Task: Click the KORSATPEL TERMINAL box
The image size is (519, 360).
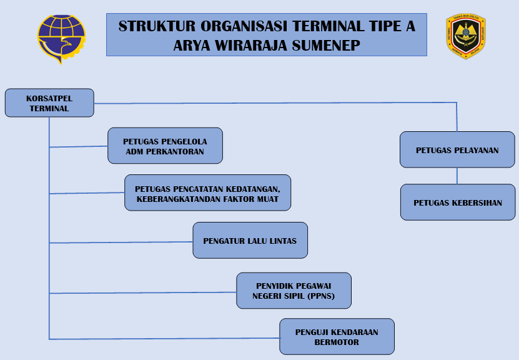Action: point(49,102)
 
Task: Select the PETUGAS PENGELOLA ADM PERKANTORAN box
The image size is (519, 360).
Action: point(165,146)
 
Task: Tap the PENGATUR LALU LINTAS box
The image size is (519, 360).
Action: point(250,241)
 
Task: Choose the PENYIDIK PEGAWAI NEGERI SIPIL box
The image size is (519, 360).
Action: point(294,291)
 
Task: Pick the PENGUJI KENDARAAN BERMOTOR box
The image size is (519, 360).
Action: point(337,337)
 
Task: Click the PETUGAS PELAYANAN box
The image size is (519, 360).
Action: point(457,150)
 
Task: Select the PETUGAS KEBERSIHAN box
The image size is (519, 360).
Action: point(458,202)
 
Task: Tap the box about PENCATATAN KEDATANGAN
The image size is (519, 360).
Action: point(207,192)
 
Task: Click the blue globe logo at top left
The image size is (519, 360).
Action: point(61,38)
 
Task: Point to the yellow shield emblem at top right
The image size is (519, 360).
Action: point(465,36)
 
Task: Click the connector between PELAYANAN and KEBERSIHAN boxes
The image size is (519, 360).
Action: point(457,176)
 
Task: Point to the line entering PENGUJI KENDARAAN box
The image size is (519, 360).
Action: point(162,338)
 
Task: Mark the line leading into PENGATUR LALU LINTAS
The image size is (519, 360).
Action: point(119,242)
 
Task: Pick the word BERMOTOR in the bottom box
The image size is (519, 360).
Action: point(337,342)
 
